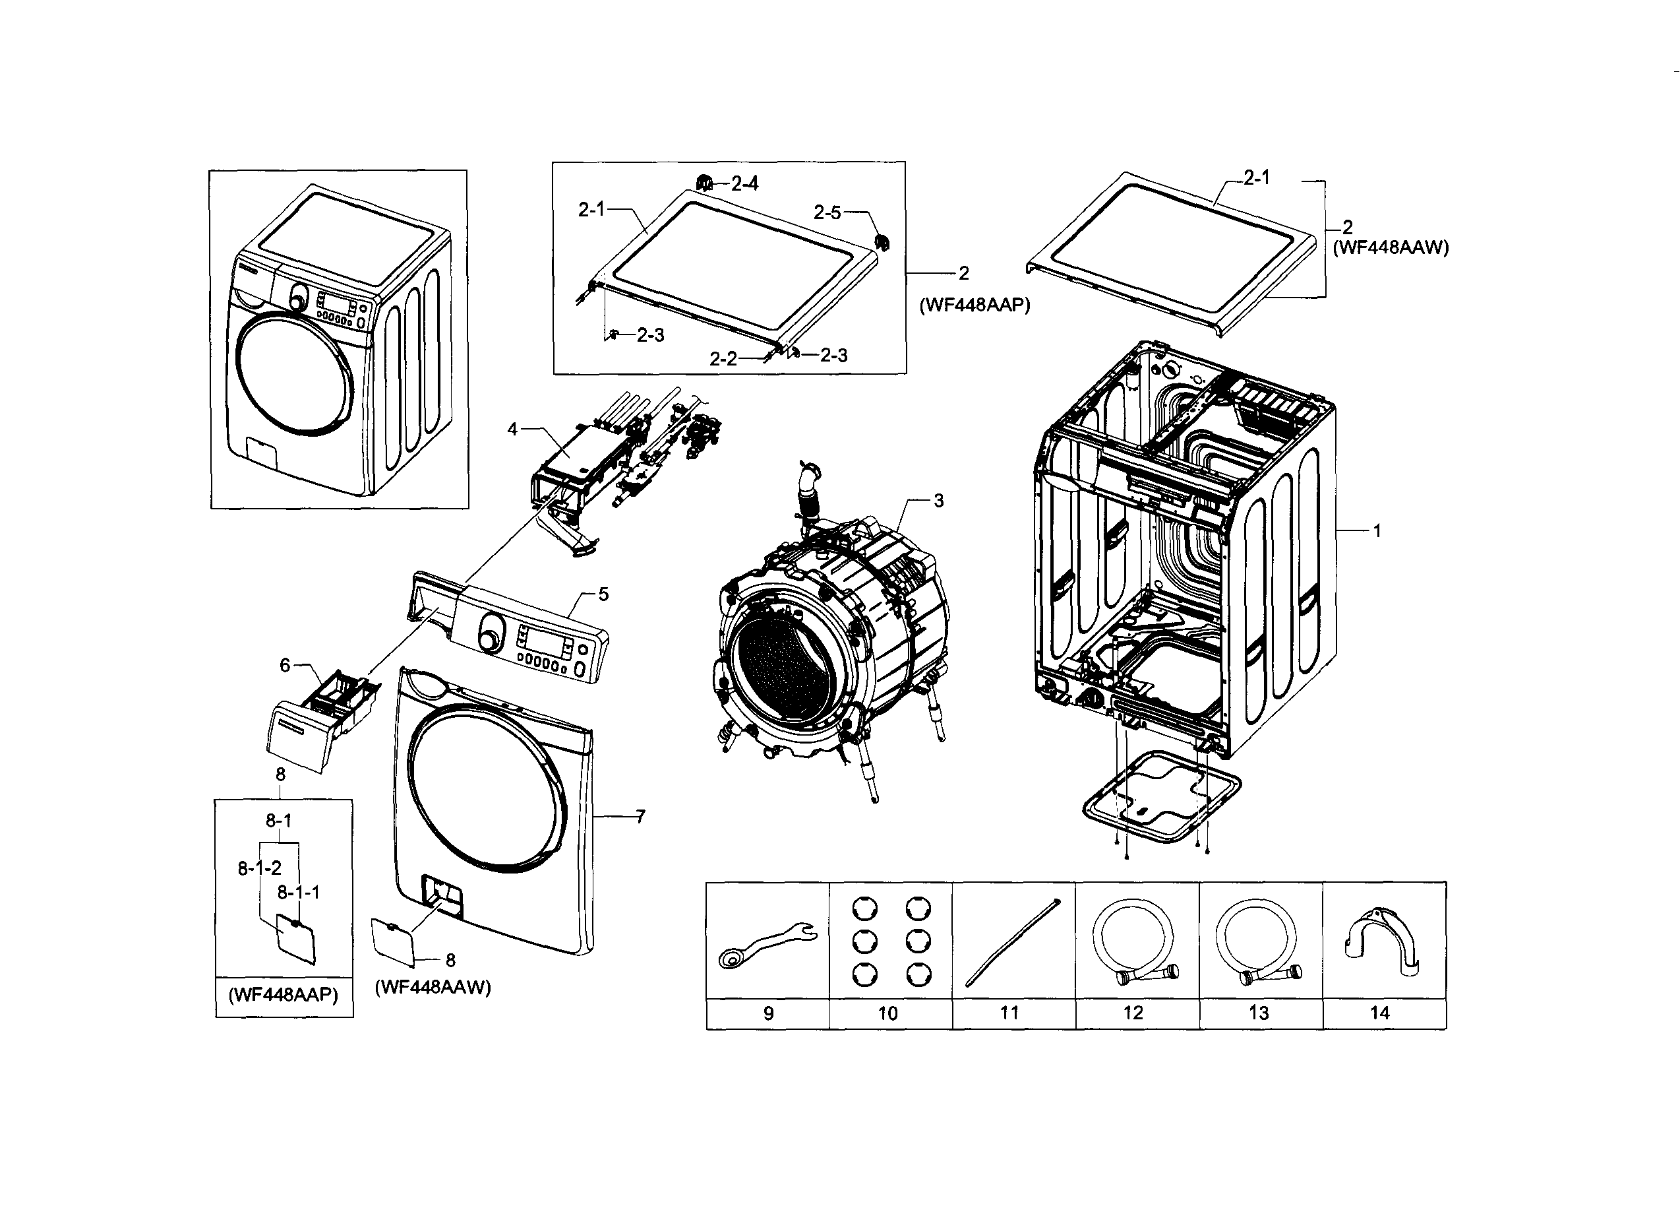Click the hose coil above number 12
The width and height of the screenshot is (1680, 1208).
tap(1133, 941)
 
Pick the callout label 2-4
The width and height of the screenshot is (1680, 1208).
tap(744, 183)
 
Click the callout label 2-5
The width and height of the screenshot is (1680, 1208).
tap(827, 212)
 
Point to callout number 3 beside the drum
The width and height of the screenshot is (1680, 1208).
tap(938, 501)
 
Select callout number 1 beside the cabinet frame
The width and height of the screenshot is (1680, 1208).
tap(1377, 531)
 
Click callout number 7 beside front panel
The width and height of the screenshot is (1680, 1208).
tap(640, 817)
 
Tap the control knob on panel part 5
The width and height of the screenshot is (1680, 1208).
tap(489, 641)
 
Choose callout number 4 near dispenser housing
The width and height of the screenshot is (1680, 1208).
tap(512, 429)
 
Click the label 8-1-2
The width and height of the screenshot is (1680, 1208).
tap(259, 868)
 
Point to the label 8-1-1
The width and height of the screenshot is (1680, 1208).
tap(299, 892)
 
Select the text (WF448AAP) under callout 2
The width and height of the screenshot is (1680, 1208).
tap(975, 305)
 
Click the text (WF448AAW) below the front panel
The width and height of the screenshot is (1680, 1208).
tap(433, 987)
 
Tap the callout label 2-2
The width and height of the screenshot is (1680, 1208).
tap(723, 360)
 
